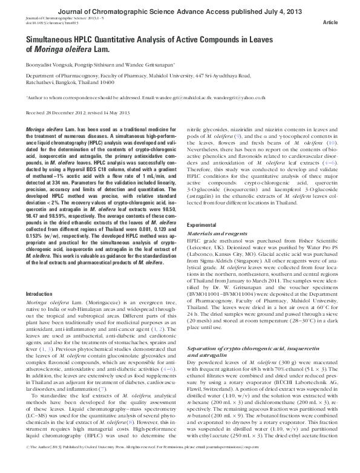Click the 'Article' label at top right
331,23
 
